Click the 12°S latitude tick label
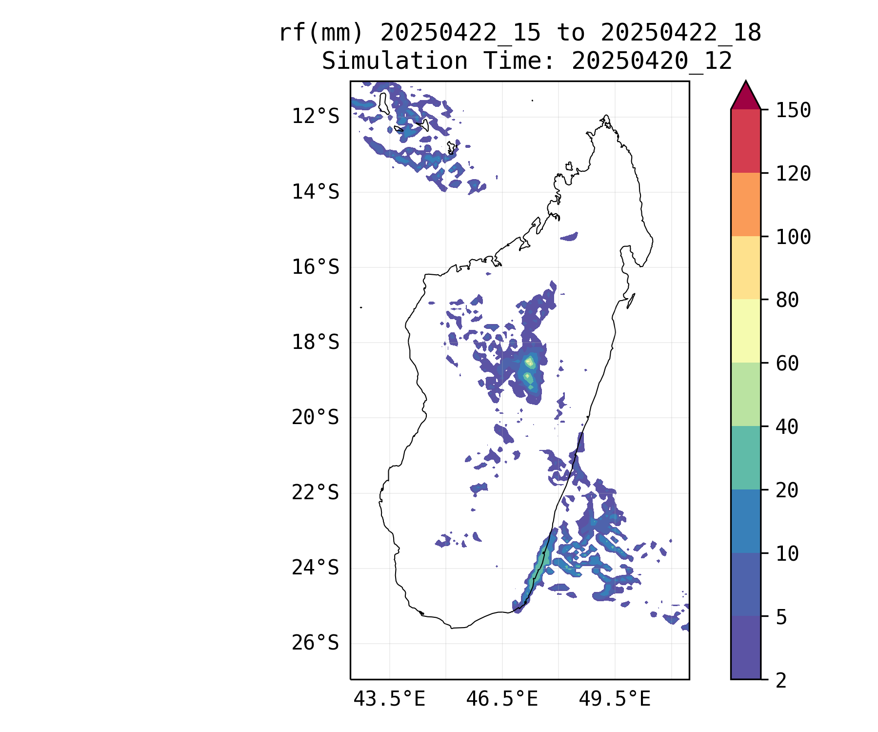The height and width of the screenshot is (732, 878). tap(315, 117)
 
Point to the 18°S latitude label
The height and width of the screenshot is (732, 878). tap(315, 343)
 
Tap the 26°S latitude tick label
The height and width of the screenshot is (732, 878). tap(315, 643)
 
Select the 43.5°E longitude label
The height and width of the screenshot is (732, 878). tap(389, 699)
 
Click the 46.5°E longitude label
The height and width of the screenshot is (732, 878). tap(502, 699)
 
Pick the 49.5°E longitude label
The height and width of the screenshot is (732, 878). tap(615, 699)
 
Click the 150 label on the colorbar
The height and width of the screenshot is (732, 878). tap(793, 110)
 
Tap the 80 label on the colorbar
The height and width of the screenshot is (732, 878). tap(787, 300)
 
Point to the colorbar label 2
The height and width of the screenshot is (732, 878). tap(781, 680)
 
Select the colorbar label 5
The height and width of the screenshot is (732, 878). tap(781, 617)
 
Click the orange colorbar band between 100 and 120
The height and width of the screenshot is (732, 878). tap(746, 204)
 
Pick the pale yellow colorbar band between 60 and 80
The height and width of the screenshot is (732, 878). tap(746, 331)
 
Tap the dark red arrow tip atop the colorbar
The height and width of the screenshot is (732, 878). tap(746, 82)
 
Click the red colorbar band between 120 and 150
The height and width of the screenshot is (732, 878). tap(746, 141)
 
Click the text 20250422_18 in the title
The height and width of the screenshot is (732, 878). tap(681, 33)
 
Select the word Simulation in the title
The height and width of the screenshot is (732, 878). tap(395, 61)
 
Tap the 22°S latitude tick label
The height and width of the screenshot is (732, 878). tap(315, 493)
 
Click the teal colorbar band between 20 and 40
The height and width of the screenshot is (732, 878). tap(746, 458)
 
